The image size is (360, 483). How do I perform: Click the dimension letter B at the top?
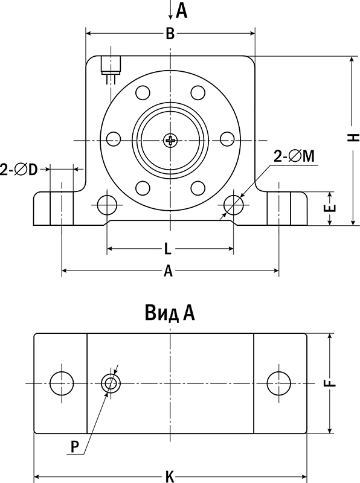coord(170,34)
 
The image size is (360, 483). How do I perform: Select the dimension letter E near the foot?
coord(330,209)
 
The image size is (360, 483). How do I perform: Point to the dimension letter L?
coord(169,248)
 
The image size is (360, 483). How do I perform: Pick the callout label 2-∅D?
coord(19,170)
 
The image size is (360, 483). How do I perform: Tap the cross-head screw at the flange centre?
coord(171,141)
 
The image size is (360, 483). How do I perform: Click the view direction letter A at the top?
coord(181,10)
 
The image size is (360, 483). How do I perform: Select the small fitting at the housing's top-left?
coord(111,65)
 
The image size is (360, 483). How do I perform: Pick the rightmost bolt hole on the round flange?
coord(227,139)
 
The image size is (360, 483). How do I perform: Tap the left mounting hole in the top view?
coord(61,383)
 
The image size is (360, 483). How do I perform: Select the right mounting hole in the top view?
coord(278,383)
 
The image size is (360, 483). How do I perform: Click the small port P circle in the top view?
coord(111,383)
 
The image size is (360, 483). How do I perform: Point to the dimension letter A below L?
coord(169,272)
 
